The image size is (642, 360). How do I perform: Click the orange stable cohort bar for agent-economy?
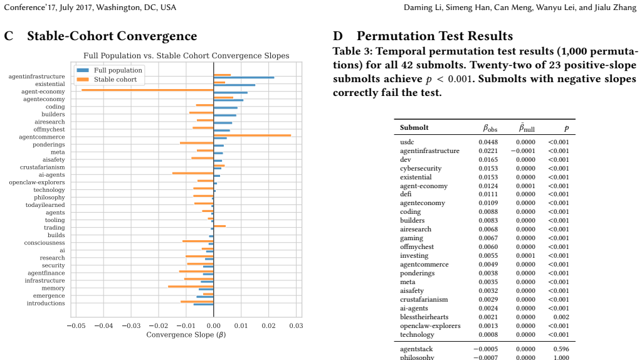pos(147,90)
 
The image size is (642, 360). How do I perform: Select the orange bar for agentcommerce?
pos(252,135)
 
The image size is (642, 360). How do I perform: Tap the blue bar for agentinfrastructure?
pos(244,77)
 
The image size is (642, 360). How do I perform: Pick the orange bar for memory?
pos(191,286)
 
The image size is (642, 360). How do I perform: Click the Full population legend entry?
pos(109,70)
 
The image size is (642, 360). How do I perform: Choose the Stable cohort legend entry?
pos(107,79)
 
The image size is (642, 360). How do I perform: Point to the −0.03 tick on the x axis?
pos(131,326)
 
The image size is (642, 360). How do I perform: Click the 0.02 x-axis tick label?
pos(268,326)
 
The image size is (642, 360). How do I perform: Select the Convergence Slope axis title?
pos(186,335)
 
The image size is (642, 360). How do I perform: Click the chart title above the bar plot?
pos(186,56)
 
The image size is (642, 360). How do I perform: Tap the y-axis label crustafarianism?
pos(43,167)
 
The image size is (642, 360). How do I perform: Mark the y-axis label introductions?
pos(46,303)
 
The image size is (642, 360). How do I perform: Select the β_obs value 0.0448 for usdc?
pos(488,142)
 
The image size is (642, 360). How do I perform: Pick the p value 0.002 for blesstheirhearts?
pos(561,317)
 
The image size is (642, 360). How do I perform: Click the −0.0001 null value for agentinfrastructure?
pos(523,151)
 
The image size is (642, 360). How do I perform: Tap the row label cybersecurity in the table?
pos(421,168)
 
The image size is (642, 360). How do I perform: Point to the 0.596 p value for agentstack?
pos(561,349)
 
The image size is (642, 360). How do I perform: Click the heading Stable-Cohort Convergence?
pos(112,36)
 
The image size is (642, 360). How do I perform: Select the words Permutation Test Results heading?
pos(435,36)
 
